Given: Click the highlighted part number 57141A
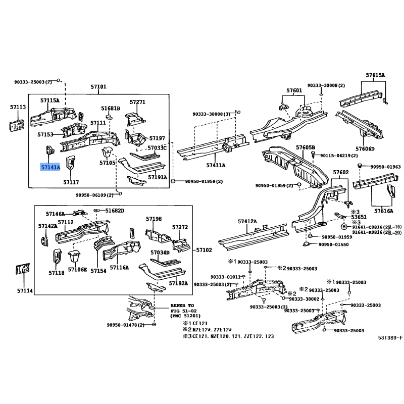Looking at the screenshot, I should [50, 167].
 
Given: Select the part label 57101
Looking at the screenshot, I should [98, 87].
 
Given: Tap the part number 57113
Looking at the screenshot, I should [18, 107].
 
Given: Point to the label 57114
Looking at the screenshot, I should [24, 291].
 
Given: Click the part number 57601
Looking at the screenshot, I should [294, 91].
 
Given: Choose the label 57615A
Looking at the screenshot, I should [375, 75].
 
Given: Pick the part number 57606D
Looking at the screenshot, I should [365, 149].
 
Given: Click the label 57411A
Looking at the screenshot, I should [216, 165].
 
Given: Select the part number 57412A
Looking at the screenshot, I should [247, 222].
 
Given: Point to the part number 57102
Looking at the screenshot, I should [204, 250].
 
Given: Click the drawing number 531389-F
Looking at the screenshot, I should [390, 337].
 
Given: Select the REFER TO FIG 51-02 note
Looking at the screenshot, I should [182, 311].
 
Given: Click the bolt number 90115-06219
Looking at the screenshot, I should [339, 156].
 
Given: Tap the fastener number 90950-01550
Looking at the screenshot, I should [334, 245].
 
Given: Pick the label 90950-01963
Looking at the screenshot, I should [385, 167].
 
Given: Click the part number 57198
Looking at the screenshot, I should [154, 219].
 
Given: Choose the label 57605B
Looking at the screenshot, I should [305, 147].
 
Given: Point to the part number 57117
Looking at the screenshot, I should [71, 182].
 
